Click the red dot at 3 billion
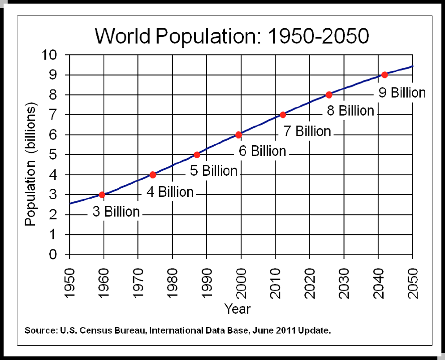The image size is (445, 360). click(x=102, y=195)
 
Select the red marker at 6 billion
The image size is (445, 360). click(x=238, y=134)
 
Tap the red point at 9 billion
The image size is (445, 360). click(x=384, y=75)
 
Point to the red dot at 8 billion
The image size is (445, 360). click(x=328, y=95)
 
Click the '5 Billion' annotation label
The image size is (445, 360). click(x=214, y=171)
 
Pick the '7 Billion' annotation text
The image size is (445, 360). click(x=307, y=131)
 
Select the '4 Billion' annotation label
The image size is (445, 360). click(x=170, y=192)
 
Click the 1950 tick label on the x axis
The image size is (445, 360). click(x=69, y=280)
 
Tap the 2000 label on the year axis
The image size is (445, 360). click(x=241, y=280)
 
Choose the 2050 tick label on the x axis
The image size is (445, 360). click(x=412, y=280)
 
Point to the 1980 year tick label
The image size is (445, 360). click(x=173, y=280)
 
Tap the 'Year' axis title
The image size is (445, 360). click(x=238, y=309)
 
